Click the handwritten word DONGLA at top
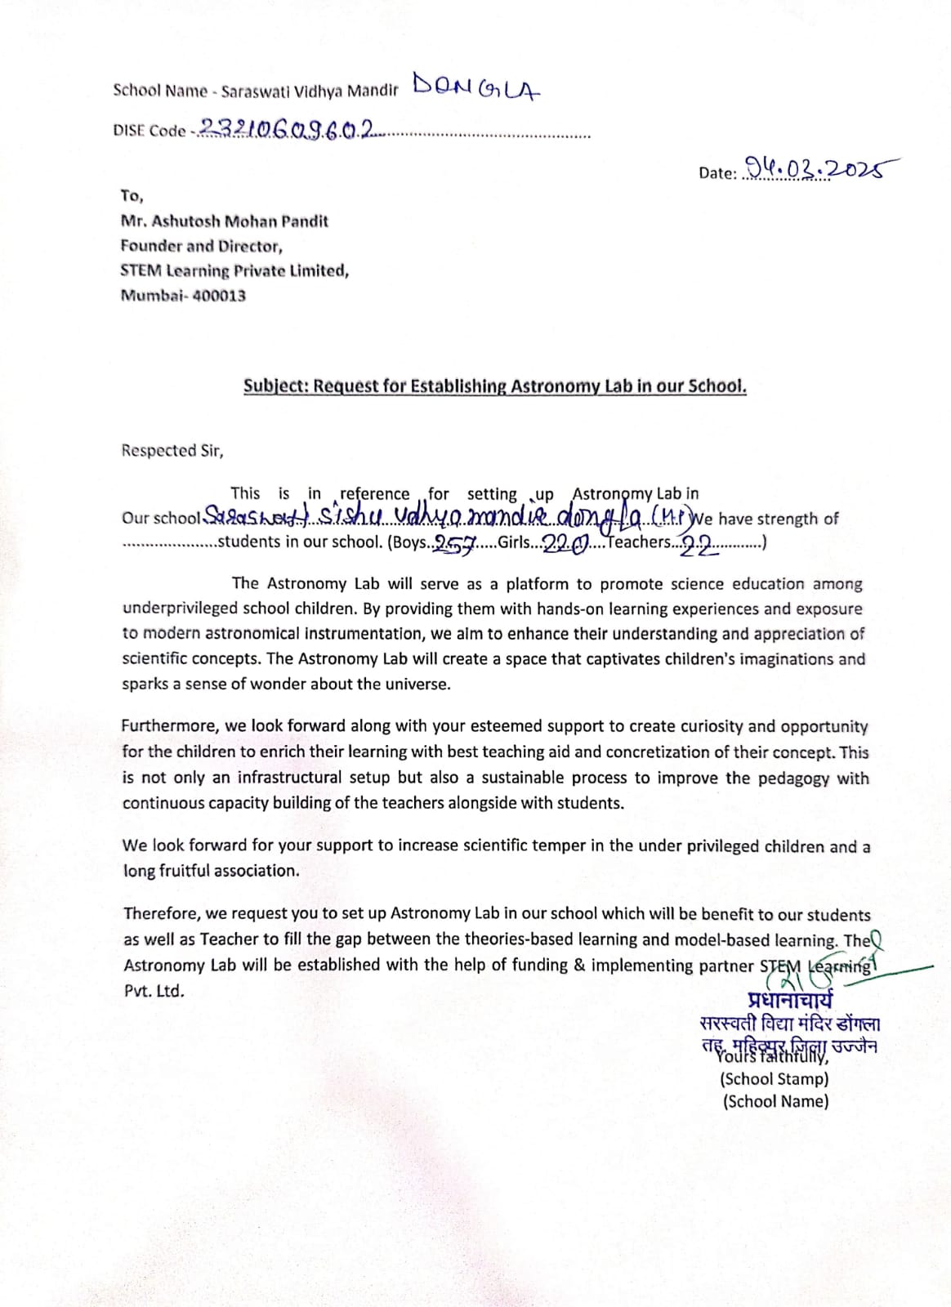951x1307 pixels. point(476,87)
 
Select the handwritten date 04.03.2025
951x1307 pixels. point(814,169)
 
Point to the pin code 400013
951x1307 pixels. point(219,296)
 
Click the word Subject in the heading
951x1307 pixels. point(275,386)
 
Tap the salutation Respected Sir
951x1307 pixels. point(172,451)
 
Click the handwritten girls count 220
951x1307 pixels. point(565,544)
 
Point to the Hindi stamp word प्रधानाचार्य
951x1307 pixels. point(790,1000)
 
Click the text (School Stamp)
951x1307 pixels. point(774,1079)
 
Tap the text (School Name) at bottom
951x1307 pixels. point(775,1101)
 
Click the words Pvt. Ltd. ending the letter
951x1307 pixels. point(154,991)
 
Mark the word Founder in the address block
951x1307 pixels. point(150,246)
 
